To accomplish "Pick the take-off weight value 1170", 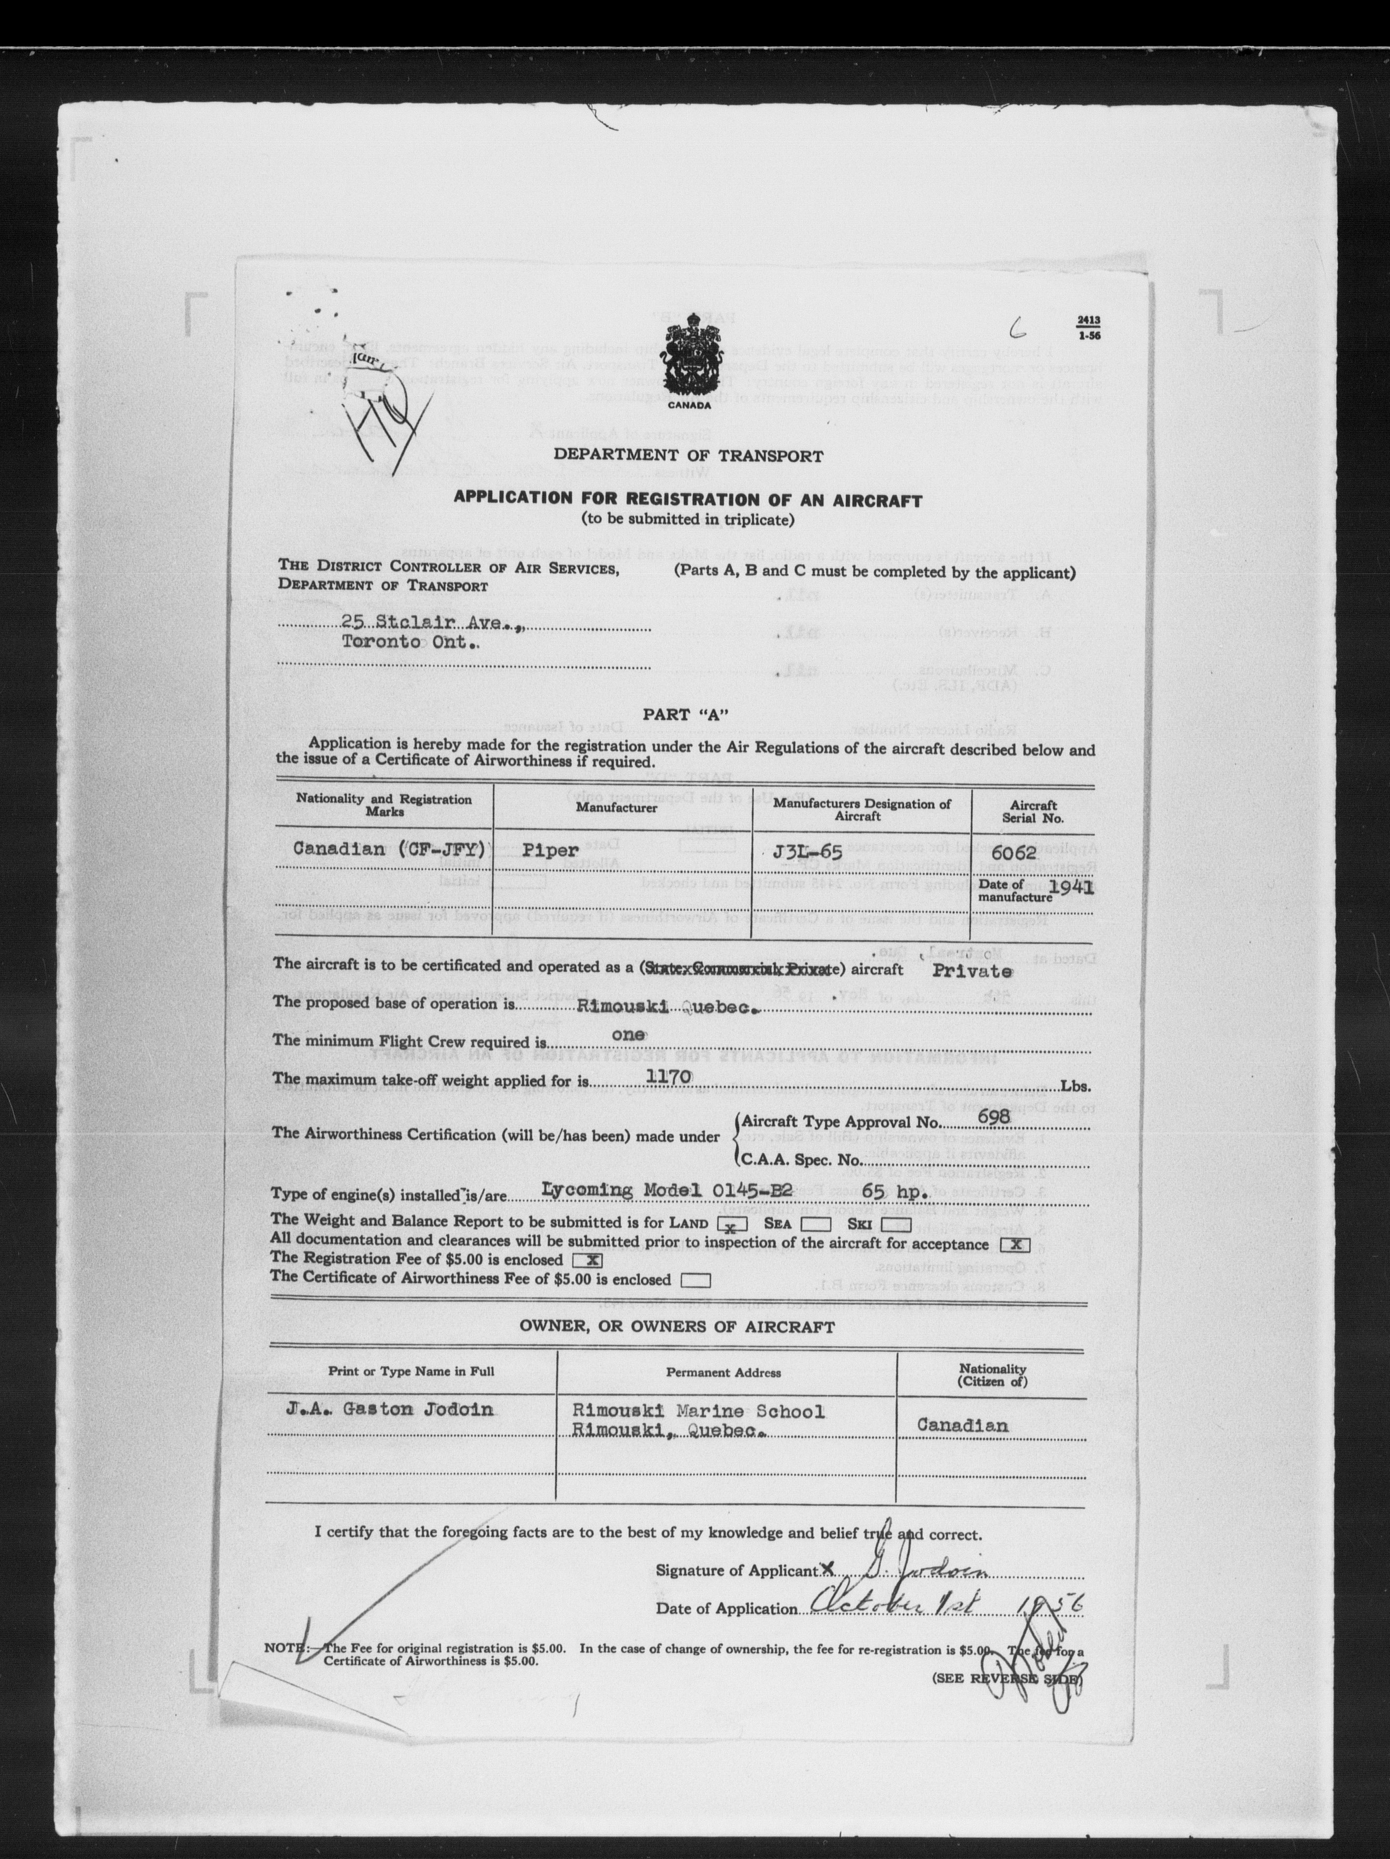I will click(x=668, y=1077).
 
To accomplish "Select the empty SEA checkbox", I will click(x=817, y=1224).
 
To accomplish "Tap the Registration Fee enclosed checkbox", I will click(x=587, y=1261).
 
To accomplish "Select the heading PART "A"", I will click(x=685, y=714).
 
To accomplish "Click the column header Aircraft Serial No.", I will click(x=1032, y=811).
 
